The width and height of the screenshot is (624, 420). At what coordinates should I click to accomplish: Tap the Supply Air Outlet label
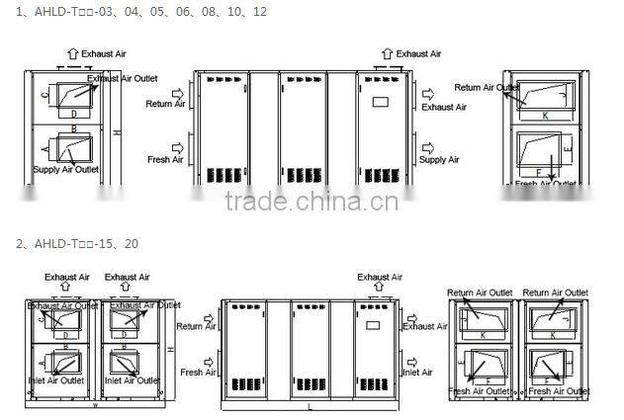(67, 169)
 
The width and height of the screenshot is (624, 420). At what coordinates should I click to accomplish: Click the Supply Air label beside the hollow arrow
(439, 159)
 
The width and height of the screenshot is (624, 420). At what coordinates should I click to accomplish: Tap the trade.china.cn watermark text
(312, 202)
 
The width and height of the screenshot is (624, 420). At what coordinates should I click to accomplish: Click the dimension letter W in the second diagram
(95, 404)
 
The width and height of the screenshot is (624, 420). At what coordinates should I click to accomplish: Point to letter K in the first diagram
(543, 115)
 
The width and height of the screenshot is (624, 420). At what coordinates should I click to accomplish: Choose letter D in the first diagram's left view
(73, 115)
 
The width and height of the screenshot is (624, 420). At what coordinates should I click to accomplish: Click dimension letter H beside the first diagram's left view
(117, 132)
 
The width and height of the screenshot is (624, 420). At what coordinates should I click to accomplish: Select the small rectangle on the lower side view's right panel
(372, 324)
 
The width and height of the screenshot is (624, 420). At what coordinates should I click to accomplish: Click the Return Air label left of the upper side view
(163, 104)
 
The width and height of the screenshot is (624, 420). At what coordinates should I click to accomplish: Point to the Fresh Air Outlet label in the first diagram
(545, 183)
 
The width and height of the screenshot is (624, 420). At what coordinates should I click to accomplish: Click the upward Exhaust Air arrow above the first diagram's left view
(72, 53)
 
